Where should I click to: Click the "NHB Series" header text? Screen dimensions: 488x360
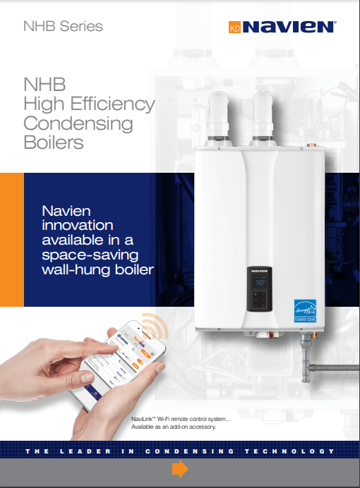coord(63,27)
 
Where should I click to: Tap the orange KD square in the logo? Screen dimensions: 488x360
coord(234,28)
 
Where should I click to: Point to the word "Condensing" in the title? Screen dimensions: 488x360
coord(78,123)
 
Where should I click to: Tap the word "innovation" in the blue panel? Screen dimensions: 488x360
coord(77,225)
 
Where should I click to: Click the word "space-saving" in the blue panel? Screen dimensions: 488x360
coord(90,253)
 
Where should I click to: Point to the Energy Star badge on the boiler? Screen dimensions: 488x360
coord(305,311)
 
